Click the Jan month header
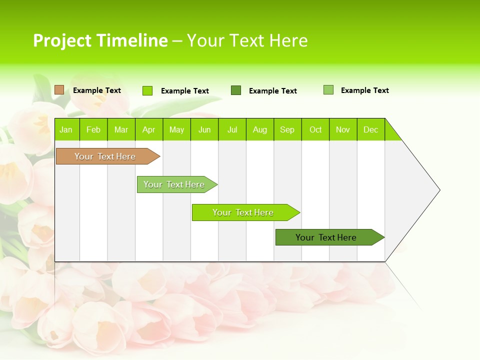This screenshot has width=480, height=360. pos(66,129)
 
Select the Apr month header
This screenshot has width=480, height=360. pos(148,129)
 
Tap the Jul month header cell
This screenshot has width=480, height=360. pos(232,129)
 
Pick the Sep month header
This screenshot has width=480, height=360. pos(287,129)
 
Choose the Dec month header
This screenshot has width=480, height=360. pos(370,129)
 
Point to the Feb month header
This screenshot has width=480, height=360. pos(93,129)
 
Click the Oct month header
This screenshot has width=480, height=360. pos(315,129)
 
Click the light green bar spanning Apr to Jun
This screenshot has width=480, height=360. pos(175,184)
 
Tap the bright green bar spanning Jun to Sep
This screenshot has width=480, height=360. pos(244,212)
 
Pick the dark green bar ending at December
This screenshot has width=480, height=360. pos(327,237)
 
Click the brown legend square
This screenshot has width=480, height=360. pos(59,90)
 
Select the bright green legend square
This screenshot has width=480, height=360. pos(147,90)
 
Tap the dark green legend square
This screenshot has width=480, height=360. pos(236,90)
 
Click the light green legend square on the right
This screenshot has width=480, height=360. pos(328,90)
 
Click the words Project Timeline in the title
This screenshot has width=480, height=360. pos(100,40)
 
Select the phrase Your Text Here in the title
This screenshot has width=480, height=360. pos(247,40)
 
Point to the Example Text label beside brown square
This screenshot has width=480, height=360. pos(97,90)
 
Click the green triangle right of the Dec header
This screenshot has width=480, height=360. pos(391,133)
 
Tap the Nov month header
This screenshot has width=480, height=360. pos(343,129)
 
